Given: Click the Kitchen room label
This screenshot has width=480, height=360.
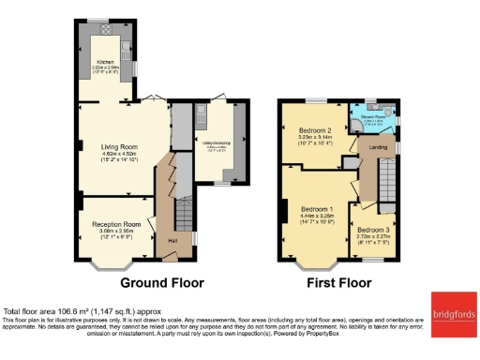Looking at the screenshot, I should (x=104, y=61).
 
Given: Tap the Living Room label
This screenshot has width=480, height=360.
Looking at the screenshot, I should (x=119, y=147).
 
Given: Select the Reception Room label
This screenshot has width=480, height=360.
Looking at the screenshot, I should (x=116, y=225).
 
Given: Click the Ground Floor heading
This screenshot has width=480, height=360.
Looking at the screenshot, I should (x=161, y=282).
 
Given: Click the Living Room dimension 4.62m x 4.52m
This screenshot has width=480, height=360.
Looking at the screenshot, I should (x=119, y=154).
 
